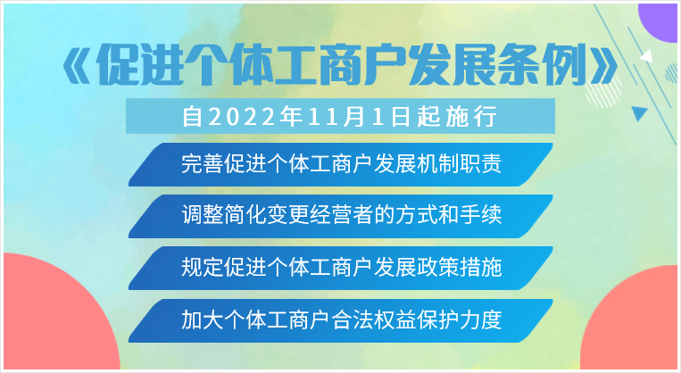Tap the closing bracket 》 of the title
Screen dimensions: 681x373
click(603, 70)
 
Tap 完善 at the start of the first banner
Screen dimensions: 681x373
click(203, 164)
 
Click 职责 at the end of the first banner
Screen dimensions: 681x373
click(481, 164)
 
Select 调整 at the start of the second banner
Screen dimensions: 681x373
click(203, 214)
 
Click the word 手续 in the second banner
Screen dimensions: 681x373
click(481, 214)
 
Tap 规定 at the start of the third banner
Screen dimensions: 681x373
click(203, 268)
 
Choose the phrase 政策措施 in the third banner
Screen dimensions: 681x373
click(460, 268)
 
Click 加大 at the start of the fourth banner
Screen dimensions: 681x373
click(203, 320)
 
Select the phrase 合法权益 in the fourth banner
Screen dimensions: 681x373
click(373, 320)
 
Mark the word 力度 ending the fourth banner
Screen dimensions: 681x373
click(481, 320)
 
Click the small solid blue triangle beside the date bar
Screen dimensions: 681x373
click(639, 113)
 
